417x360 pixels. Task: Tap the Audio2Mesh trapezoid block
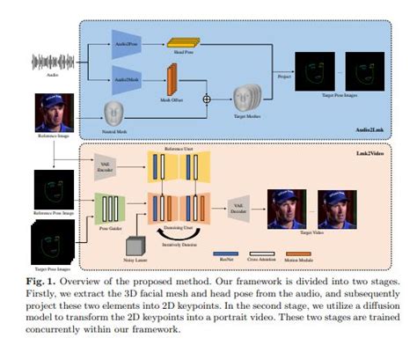coord(125,80)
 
